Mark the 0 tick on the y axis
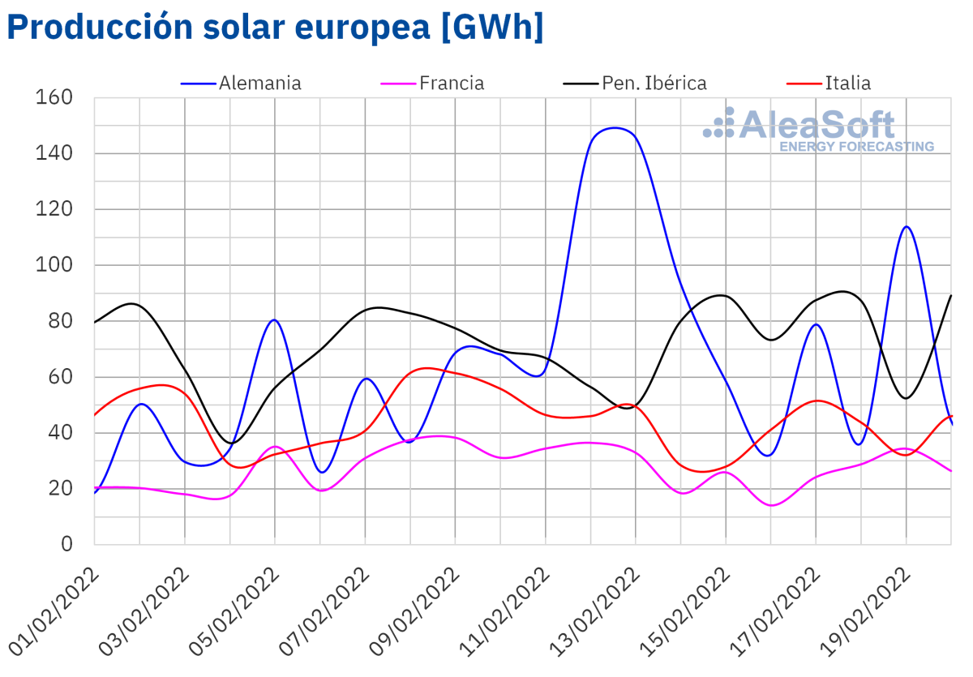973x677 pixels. [66, 544]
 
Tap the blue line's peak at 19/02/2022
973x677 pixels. [906, 226]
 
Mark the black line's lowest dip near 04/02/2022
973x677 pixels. [232, 443]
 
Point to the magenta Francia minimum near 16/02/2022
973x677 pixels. [770, 505]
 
